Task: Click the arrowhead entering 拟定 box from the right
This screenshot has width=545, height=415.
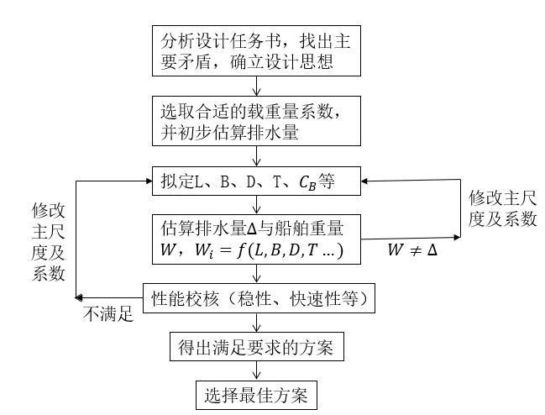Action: (x=366, y=179)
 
